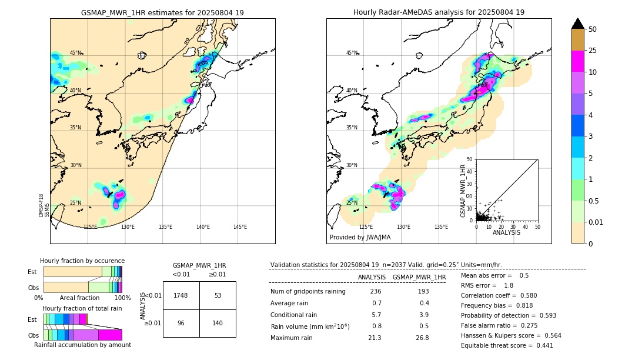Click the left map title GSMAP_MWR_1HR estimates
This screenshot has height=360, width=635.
[162, 12]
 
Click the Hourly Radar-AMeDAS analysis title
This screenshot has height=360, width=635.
[439, 12]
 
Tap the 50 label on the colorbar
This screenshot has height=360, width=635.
[593, 29]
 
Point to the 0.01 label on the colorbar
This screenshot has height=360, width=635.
[596, 222]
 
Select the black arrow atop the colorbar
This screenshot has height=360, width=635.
[578, 24]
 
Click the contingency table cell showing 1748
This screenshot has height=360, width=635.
[181, 295]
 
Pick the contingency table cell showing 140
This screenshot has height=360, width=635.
[218, 323]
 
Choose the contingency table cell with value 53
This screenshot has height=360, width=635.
[218, 295]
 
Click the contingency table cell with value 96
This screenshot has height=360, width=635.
[181, 323]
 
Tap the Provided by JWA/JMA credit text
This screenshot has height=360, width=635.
[360, 238]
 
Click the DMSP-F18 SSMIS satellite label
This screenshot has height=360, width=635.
[42, 205]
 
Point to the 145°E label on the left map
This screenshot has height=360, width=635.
[240, 227]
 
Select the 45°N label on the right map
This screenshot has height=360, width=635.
[352, 53]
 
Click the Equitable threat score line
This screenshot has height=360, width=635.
[507, 345]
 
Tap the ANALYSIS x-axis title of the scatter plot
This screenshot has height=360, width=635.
[506, 232]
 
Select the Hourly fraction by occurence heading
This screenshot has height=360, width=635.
[82, 261]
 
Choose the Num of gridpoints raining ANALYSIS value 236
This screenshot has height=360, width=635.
[375, 292]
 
